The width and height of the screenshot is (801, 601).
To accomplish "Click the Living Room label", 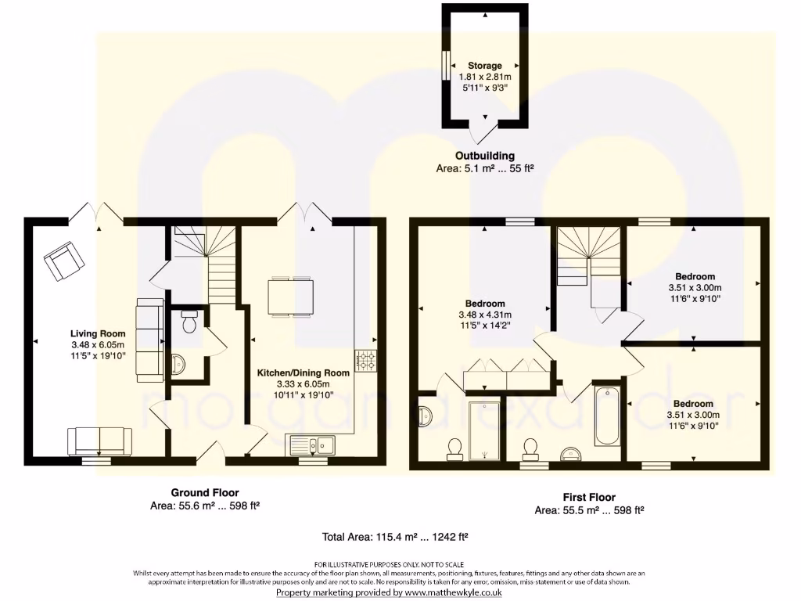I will pyautogui.click(x=97, y=334).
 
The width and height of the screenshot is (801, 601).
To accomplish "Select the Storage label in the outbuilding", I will pyautogui.click(x=485, y=66).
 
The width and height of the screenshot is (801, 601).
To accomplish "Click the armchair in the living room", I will pyautogui.click(x=64, y=261).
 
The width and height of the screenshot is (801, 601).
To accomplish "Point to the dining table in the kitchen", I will pyautogui.click(x=290, y=297).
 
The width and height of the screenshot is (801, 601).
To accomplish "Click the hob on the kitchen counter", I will pyautogui.click(x=365, y=360).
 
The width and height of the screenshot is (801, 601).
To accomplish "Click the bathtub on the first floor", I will pyautogui.click(x=607, y=415).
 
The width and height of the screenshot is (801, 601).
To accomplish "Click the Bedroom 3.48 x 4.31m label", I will pyautogui.click(x=485, y=304).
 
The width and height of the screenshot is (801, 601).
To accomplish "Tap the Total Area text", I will pyautogui.click(x=395, y=537).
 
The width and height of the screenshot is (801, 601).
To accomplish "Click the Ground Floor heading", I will pyautogui.click(x=205, y=492).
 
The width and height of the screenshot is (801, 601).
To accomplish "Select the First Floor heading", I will pyautogui.click(x=589, y=497).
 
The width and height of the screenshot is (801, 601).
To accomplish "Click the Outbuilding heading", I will pyautogui.click(x=485, y=156).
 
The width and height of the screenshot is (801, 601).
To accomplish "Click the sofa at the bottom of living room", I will pyautogui.click(x=99, y=441).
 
